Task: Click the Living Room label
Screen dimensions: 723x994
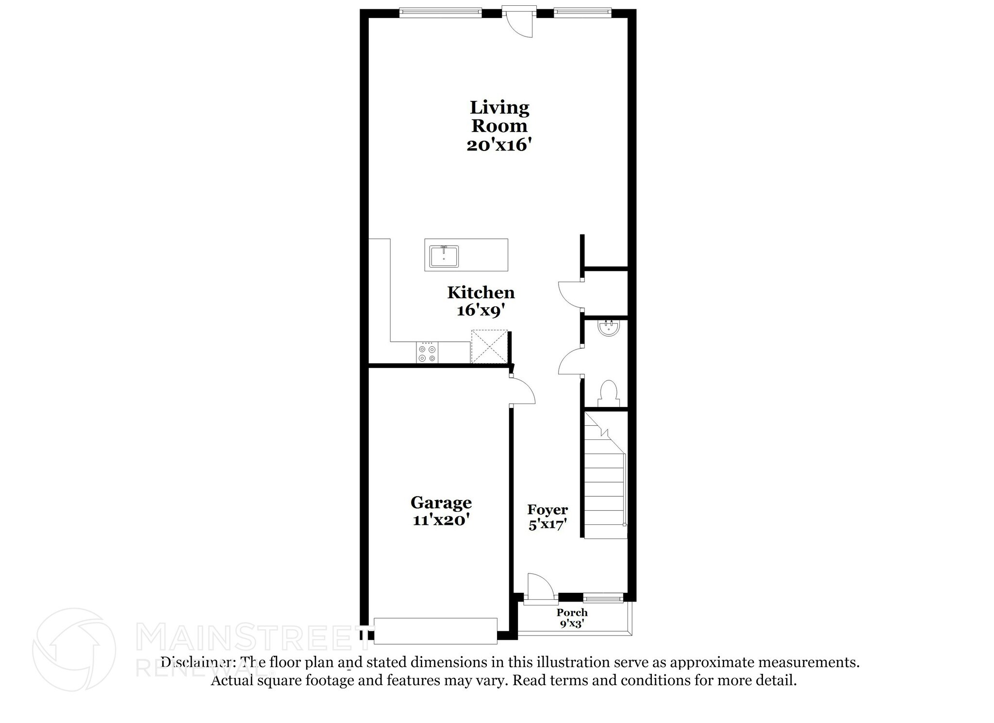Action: click(499, 116)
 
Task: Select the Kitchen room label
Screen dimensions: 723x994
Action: click(480, 293)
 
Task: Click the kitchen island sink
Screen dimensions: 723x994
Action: click(444, 256)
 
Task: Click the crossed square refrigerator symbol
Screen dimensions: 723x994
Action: click(489, 346)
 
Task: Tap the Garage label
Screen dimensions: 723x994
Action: click(441, 502)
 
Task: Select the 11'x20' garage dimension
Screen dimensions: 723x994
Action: click(441, 520)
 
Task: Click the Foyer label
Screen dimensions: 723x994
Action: click(547, 510)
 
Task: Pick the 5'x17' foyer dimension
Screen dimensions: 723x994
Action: click(547, 525)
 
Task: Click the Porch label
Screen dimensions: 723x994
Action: click(572, 613)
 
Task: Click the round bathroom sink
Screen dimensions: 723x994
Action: click(608, 329)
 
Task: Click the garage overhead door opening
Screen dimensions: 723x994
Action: click(435, 631)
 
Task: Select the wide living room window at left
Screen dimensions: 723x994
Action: click(440, 13)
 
